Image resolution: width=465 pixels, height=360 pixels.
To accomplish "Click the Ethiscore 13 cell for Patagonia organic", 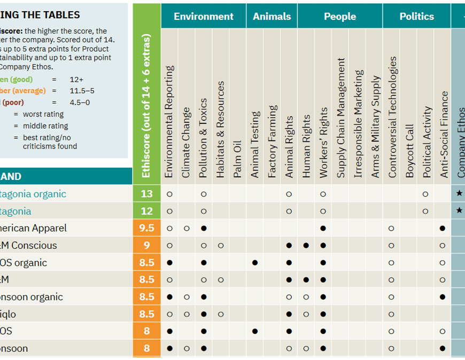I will [x=146, y=194].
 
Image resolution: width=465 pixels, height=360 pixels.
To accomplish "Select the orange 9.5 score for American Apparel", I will [x=146, y=228].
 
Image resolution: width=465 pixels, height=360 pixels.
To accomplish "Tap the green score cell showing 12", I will [x=146, y=211].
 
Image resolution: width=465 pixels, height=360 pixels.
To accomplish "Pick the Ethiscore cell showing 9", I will [x=146, y=245].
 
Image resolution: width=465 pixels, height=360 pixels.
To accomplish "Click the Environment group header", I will [x=203, y=16].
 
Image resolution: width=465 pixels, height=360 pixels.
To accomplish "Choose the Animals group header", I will [x=272, y=16].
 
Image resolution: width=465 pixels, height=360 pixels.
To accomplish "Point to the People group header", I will [x=339, y=16].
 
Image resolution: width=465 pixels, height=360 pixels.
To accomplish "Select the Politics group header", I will [x=416, y=16].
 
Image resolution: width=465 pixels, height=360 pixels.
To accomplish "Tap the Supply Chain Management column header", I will [x=340, y=118].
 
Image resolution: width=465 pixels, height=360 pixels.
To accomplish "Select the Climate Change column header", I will [x=186, y=142].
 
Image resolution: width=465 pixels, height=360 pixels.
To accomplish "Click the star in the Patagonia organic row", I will [x=459, y=194].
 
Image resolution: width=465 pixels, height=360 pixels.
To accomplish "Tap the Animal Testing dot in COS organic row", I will [x=255, y=263].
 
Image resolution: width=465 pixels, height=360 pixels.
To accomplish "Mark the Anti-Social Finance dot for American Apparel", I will [x=443, y=229].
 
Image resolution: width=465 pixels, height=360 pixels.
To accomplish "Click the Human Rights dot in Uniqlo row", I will [x=306, y=314].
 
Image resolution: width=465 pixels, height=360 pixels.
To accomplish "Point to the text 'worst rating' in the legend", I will [x=43, y=114].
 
